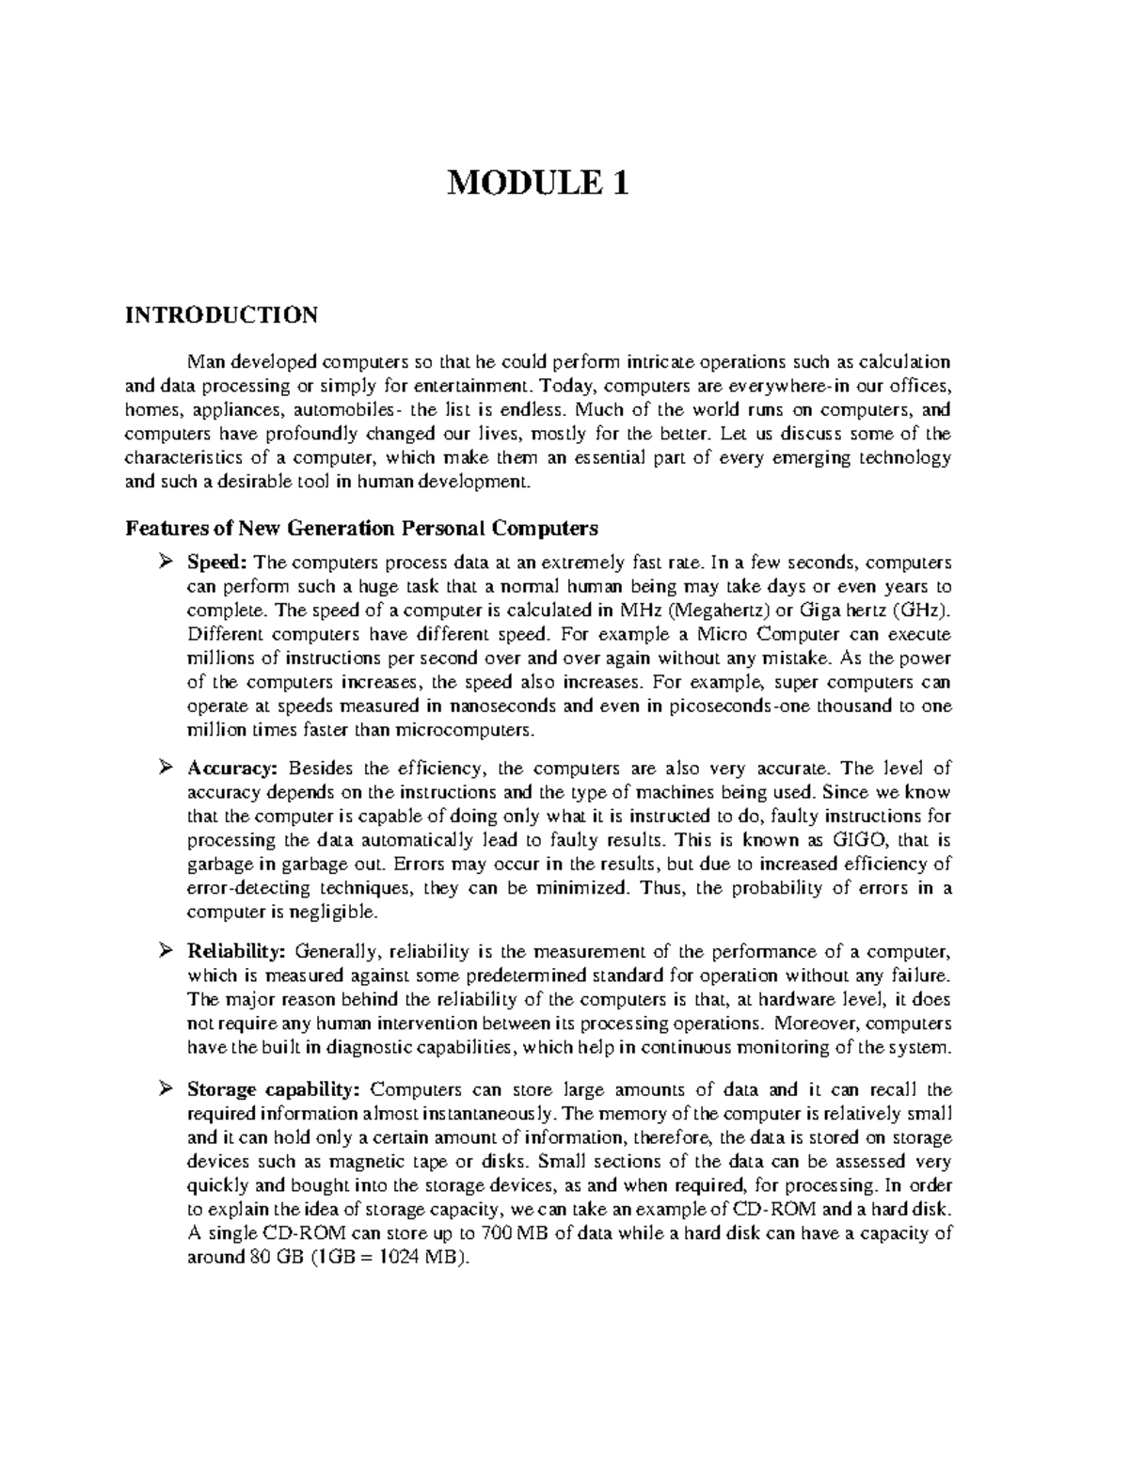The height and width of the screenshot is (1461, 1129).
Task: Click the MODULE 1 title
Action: [537, 182]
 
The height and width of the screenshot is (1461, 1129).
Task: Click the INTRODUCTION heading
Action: [222, 314]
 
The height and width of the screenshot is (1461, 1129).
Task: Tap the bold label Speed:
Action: [216, 563]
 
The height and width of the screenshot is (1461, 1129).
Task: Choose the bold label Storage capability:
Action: [274, 1090]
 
